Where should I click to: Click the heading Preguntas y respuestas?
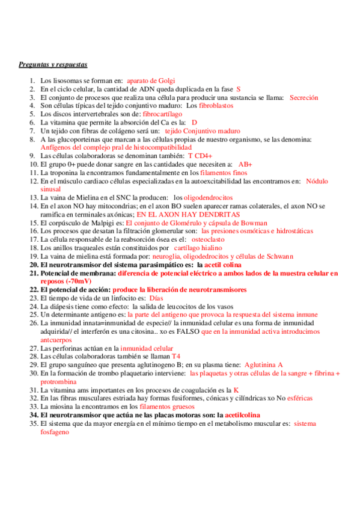(53, 64)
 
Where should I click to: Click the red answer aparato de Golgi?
(150, 80)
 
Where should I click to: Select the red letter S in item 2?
(238, 88)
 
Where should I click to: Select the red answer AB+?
(245, 164)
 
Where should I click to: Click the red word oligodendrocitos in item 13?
(208, 197)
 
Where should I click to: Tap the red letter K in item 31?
(236, 390)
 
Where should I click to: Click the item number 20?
(34, 264)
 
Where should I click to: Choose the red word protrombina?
(60, 381)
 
